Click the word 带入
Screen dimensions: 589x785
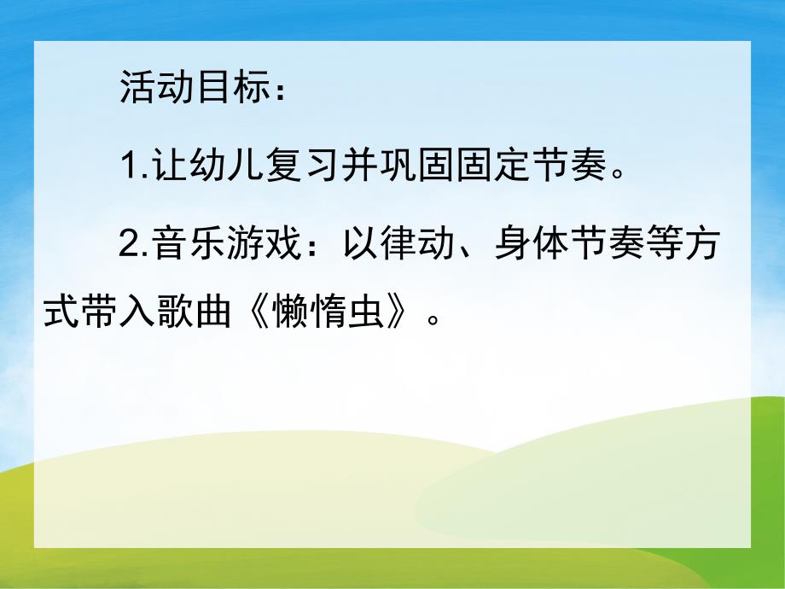[x=119, y=315]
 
